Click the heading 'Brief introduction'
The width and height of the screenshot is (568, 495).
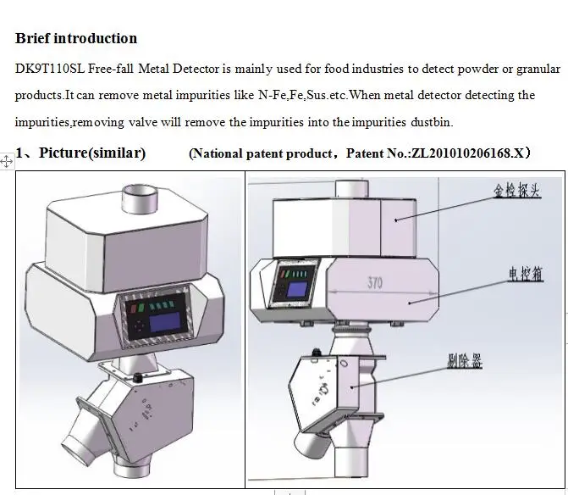(76, 38)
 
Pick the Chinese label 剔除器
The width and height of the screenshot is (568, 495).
(465, 360)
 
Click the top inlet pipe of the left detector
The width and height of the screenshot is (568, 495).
(138, 199)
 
